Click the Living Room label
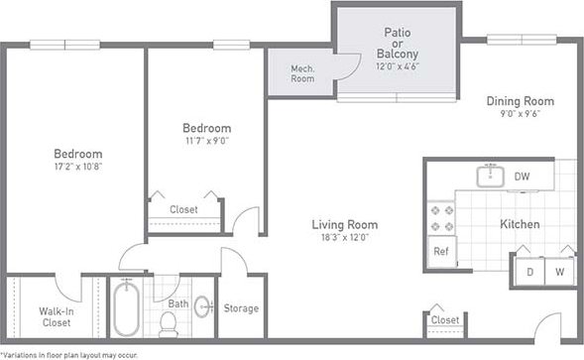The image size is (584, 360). (344, 224)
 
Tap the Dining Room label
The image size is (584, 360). (520, 101)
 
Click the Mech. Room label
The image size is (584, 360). (302, 73)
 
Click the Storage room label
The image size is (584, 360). (241, 308)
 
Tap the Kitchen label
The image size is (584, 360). (520, 224)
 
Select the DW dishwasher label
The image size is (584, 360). (522, 177)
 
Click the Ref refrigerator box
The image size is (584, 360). (440, 251)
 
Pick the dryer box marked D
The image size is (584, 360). (529, 271)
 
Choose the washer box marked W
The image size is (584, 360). (560, 271)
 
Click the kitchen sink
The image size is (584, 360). (489, 177)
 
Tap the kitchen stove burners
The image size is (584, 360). (440, 219)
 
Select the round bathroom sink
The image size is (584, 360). (203, 304)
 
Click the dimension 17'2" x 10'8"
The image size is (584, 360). (77, 168)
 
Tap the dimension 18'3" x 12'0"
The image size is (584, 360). (344, 238)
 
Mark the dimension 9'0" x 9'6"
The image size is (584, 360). (520, 114)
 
